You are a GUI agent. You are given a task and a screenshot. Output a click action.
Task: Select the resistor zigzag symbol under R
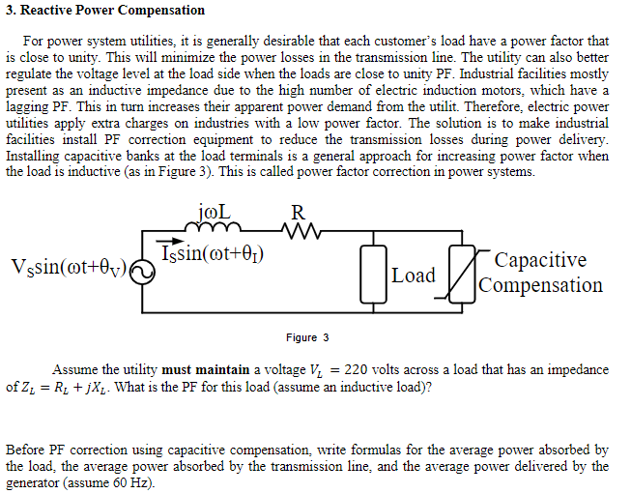click(299, 229)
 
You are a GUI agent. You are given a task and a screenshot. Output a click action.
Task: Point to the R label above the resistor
click(298, 212)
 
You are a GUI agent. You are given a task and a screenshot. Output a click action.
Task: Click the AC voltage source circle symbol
click(141, 274)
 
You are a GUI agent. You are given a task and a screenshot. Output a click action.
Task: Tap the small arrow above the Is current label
click(170, 243)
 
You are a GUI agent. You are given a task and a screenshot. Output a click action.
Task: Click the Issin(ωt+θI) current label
click(213, 254)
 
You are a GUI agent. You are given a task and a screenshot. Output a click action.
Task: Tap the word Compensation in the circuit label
click(541, 285)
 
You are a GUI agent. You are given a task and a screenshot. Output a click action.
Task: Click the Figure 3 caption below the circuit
click(307, 337)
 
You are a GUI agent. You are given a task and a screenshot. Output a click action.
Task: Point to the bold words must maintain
click(206, 370)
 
